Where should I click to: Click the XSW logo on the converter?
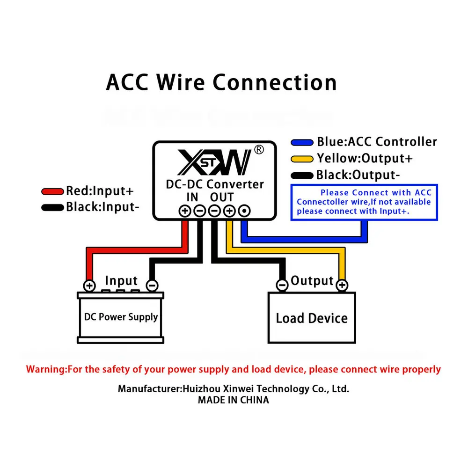point(214,162)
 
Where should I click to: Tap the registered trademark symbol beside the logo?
point(259,150)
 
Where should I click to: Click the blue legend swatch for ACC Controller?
point(302,142)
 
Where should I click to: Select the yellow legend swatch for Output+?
point(302,159)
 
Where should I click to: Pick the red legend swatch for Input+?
point(52,191)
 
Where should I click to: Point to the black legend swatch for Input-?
point(52,207)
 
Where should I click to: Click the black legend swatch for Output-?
point(302,175)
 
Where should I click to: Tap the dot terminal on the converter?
point(244,211)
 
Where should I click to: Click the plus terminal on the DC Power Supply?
point(89,285)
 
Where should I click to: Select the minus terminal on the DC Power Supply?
point(152,285)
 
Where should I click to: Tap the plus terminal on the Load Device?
point(342,285)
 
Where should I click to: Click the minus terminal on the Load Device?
point(282,285)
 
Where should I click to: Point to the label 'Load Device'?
point(312,318)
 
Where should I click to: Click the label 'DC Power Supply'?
point(121,317)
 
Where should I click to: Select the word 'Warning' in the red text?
point(45,369)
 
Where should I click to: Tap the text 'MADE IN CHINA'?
point(234,400)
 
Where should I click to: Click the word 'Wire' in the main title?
point(181,82)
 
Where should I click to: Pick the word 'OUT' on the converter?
point(222,197)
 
